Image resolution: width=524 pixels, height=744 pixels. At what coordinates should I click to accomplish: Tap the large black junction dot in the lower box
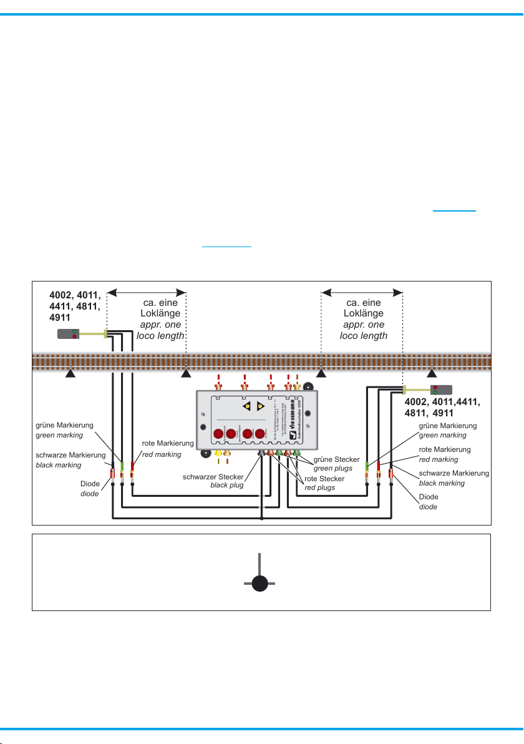pos(260,584)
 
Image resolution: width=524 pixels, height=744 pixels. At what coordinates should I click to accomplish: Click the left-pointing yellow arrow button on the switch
pos(248,406)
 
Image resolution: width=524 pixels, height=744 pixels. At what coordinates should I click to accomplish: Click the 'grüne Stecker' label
pos(336,459)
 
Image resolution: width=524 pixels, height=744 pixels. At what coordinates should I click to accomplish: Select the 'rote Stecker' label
pos(324,479)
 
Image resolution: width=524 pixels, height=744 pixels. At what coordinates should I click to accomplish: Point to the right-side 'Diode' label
pos(428,497)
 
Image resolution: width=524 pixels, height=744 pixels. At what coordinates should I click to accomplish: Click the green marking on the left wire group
pos(122,466)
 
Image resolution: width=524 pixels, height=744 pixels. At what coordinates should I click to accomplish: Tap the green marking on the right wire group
pos(367,466)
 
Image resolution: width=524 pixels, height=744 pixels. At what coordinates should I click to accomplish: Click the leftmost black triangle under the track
pos(71,374)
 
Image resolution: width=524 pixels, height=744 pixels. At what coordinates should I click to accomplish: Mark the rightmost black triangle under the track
pos(432,374)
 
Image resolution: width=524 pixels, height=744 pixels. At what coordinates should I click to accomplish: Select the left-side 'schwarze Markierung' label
pos(66,455)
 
